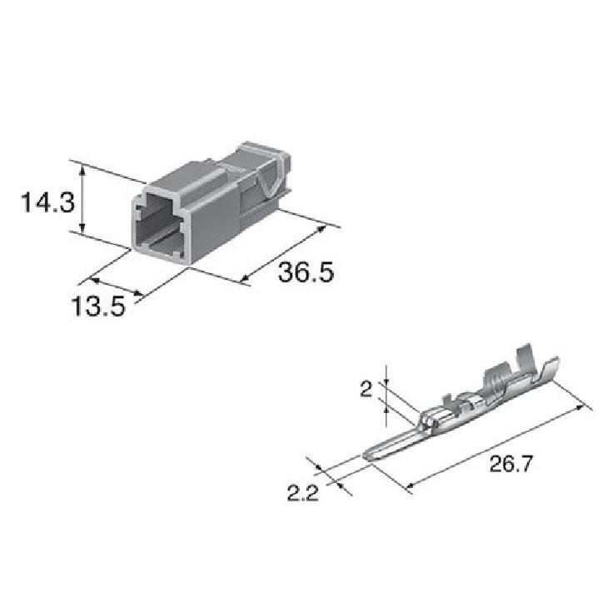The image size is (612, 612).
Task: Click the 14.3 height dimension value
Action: coord(47,203)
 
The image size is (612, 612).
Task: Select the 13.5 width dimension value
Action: coord(98,306)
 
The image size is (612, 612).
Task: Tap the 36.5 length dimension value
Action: coord(306,272)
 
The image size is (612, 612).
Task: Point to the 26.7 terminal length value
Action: coord(511,464)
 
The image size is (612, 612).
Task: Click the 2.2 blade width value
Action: coord(303,493)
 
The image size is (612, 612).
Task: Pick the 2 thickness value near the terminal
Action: coord(366,389)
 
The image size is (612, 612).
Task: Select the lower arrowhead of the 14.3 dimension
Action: coord(82,230)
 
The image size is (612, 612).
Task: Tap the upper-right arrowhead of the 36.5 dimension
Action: coord(321,229)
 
